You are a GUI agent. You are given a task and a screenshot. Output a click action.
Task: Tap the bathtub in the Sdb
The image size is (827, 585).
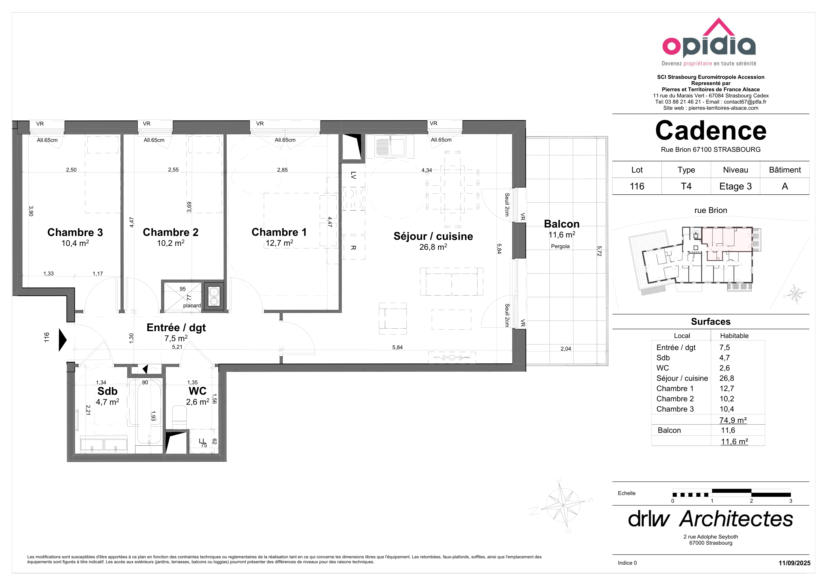coord(149,412)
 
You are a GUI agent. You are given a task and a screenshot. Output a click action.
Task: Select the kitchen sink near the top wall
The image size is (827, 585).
coord(390,146)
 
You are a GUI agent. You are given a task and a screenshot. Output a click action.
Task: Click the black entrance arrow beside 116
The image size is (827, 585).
coord(63,340)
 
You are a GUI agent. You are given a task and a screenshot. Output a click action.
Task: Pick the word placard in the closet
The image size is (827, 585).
coord(192,306)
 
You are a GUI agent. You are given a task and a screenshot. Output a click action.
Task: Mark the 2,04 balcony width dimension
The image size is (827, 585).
coord(565,349)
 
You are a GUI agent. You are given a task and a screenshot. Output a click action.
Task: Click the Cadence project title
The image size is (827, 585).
coord(711,131)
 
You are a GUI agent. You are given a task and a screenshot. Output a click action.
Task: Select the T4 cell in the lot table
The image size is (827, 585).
coord(686,186)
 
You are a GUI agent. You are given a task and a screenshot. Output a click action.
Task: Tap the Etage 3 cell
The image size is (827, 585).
coord(735,186)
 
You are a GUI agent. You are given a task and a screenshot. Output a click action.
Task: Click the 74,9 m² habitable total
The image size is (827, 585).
coord(733,420)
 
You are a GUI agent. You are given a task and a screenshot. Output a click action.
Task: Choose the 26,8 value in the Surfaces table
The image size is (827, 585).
coord(726,378)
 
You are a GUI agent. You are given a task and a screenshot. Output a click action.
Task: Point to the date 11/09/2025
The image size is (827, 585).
coord(794,563)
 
